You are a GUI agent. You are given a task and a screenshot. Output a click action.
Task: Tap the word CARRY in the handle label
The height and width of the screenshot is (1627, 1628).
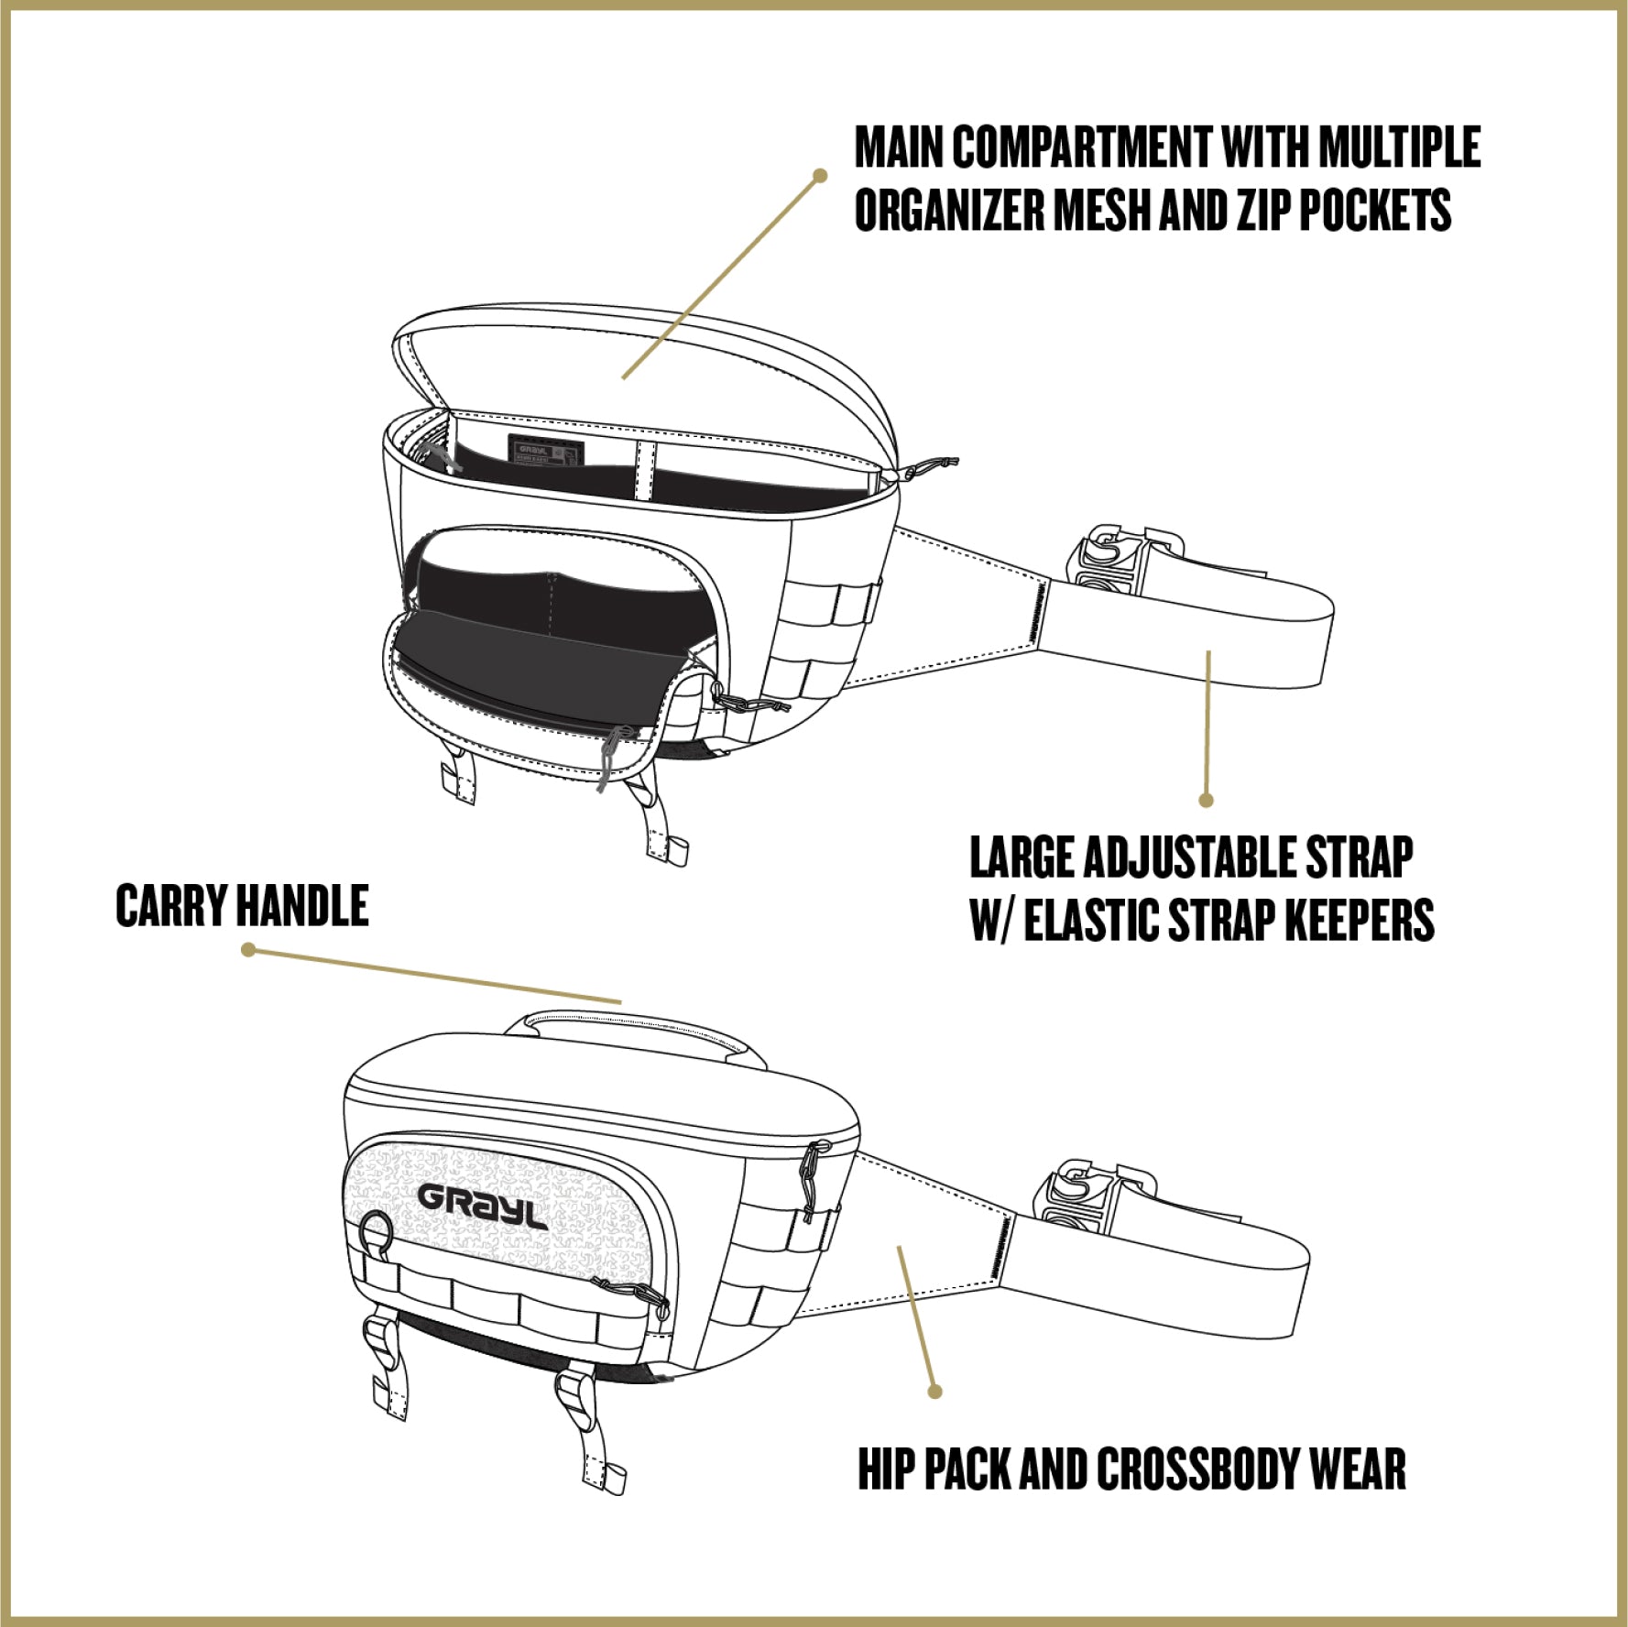(171, 906)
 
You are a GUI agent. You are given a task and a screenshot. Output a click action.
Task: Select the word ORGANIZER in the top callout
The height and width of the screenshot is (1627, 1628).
(948, 210)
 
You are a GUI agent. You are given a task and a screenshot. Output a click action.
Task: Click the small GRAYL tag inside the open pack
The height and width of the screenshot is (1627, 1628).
(545, 451)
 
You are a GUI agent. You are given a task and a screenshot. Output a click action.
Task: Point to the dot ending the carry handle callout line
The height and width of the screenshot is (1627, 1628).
(248, 950)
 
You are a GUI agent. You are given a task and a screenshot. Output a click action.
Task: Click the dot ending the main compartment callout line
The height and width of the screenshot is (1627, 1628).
(820, 175)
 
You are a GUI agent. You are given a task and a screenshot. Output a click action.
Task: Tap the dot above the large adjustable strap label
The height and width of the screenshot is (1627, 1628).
(1207, 800)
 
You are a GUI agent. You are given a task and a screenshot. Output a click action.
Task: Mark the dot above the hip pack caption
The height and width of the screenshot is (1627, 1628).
(934, 1392)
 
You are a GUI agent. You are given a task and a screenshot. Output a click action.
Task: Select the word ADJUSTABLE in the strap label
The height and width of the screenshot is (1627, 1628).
(1190, 857)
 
